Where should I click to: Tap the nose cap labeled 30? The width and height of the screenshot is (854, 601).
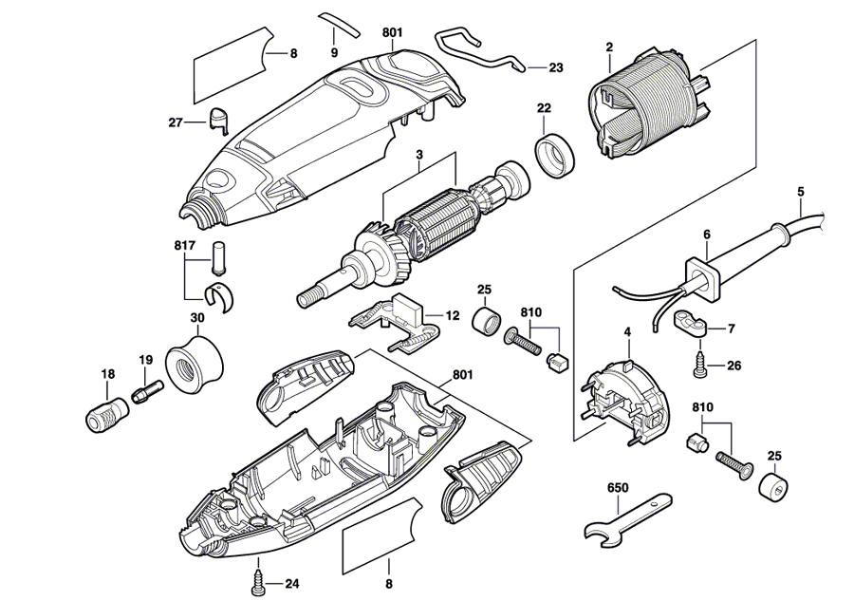[x=195, y=361]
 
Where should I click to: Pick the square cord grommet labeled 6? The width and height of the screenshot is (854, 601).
[x=699, y=276]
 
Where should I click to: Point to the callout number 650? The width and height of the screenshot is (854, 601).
[x=618, y=488]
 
